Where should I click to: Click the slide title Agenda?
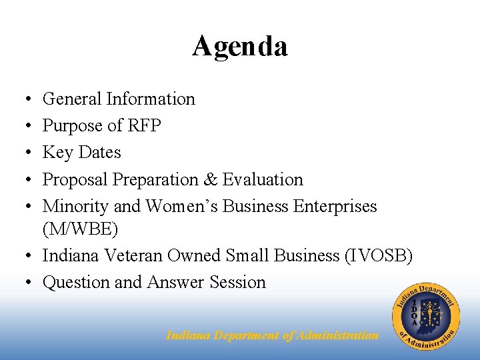point(240,47)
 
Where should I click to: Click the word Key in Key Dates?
point(57,153)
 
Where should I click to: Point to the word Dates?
point(99,153)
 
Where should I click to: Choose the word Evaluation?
point(263,180)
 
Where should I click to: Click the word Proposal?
point(75,180)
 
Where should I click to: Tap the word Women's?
point(182,207)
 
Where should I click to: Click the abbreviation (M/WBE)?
point(80,230)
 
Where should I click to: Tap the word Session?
point(237,283)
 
